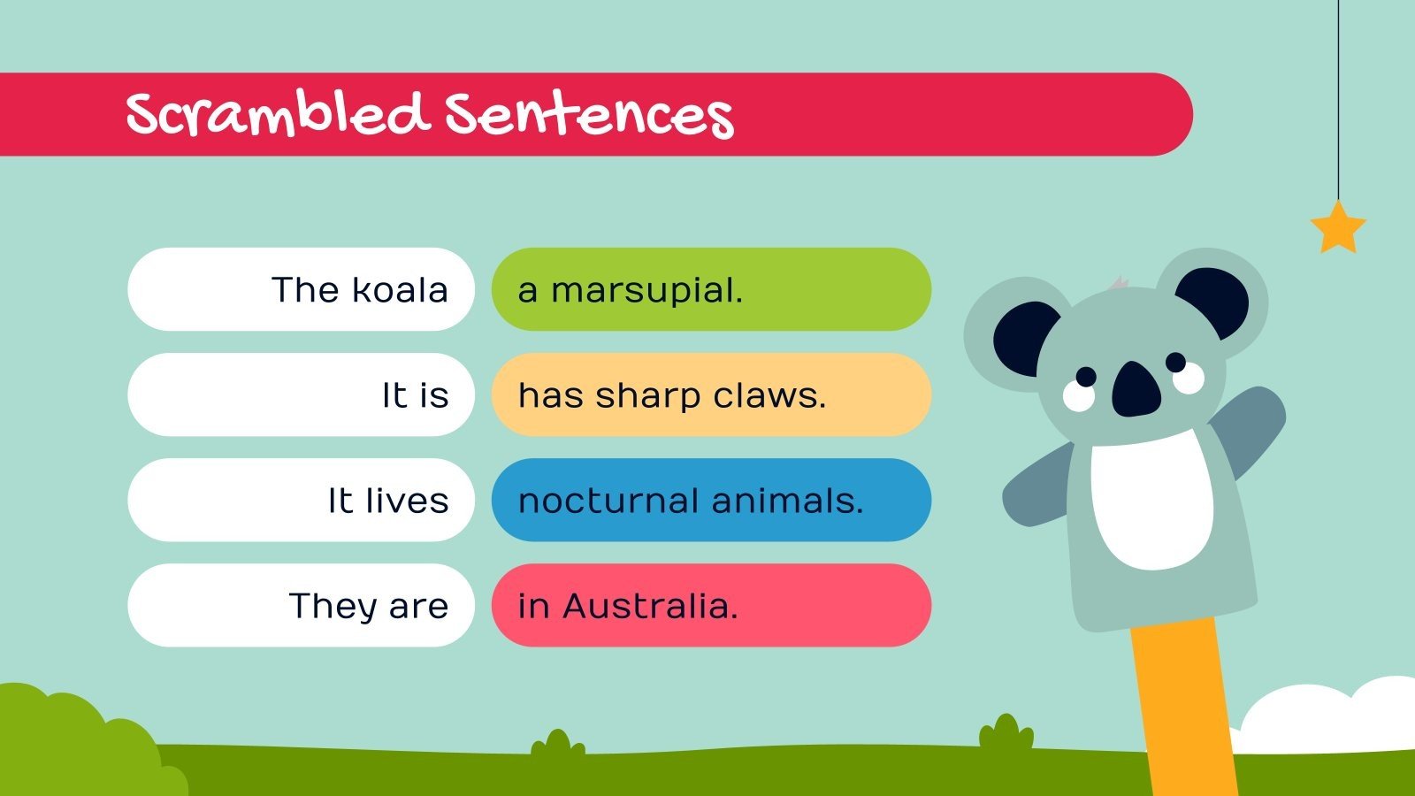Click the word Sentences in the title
point(589,116)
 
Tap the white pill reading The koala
point(301,289)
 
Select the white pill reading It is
point(301,394)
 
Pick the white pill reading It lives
point(301,500)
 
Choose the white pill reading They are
point(301,605)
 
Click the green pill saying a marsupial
point(711,289)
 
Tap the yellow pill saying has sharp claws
point(711,394)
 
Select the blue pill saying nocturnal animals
point(711,500)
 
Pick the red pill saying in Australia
point(711,605)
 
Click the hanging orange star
point(1337,227)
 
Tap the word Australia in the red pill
point(649,606)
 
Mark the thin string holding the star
point(1338,97)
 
